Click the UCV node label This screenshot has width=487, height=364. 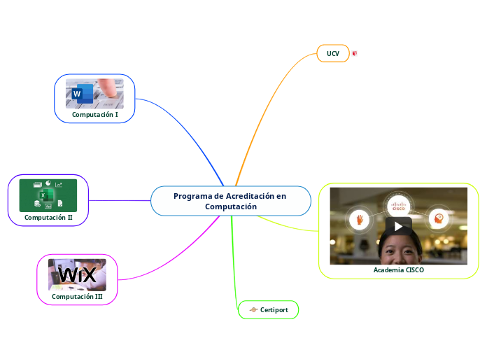pos(333,53)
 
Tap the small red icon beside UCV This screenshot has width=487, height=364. pos(355,53)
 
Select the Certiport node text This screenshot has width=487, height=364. pos(274,309)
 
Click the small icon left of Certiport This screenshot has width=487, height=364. pos(253,309)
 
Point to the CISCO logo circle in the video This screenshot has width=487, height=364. pos(399,205)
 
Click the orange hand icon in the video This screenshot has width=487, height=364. pos(360,219)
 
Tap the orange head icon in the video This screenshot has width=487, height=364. pos(439,218)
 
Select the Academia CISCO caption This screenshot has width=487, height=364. pos(399,270)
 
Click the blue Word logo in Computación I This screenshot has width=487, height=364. pos(77,94)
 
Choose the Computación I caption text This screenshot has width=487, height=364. pos(95,113)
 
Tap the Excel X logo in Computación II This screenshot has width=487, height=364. pos(43,195)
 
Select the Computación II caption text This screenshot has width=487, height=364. pos(48,218)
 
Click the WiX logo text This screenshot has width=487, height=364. pos(77,275)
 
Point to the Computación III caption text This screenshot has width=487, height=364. pos(77,297)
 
